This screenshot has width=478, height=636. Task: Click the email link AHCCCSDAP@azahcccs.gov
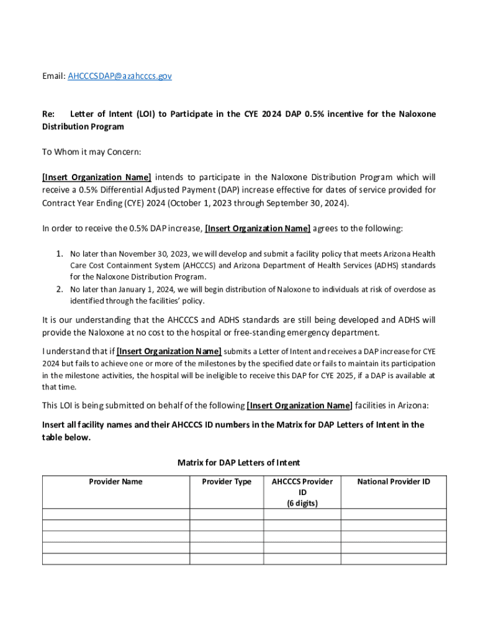(x=120, y=76)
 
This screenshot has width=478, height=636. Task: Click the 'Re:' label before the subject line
(x=48, y=114)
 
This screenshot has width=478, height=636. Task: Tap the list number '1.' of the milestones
(x=60, y=254)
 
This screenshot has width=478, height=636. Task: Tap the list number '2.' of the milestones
(x=60, y=289)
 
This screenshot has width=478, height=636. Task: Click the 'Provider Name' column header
(x=115, y=481)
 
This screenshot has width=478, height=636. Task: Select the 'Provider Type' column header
(x=227, y=481)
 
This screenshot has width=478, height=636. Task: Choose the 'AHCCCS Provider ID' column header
(x=302, y=487)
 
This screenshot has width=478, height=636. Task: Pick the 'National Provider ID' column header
(x=394, y=481)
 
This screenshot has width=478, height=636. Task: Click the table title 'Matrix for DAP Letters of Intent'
(x=238, y=463)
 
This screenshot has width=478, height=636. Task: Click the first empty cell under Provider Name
(x=115, y=514)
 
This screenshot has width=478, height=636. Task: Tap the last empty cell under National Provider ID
(x=394, y=558)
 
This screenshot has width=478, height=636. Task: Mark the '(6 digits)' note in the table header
(x=302, y=504)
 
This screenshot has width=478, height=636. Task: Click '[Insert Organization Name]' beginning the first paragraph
(x=96, y=177)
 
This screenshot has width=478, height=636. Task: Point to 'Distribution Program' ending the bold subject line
(x=83, y=127)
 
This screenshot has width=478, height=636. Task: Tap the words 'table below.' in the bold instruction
(x=66, y=437)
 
